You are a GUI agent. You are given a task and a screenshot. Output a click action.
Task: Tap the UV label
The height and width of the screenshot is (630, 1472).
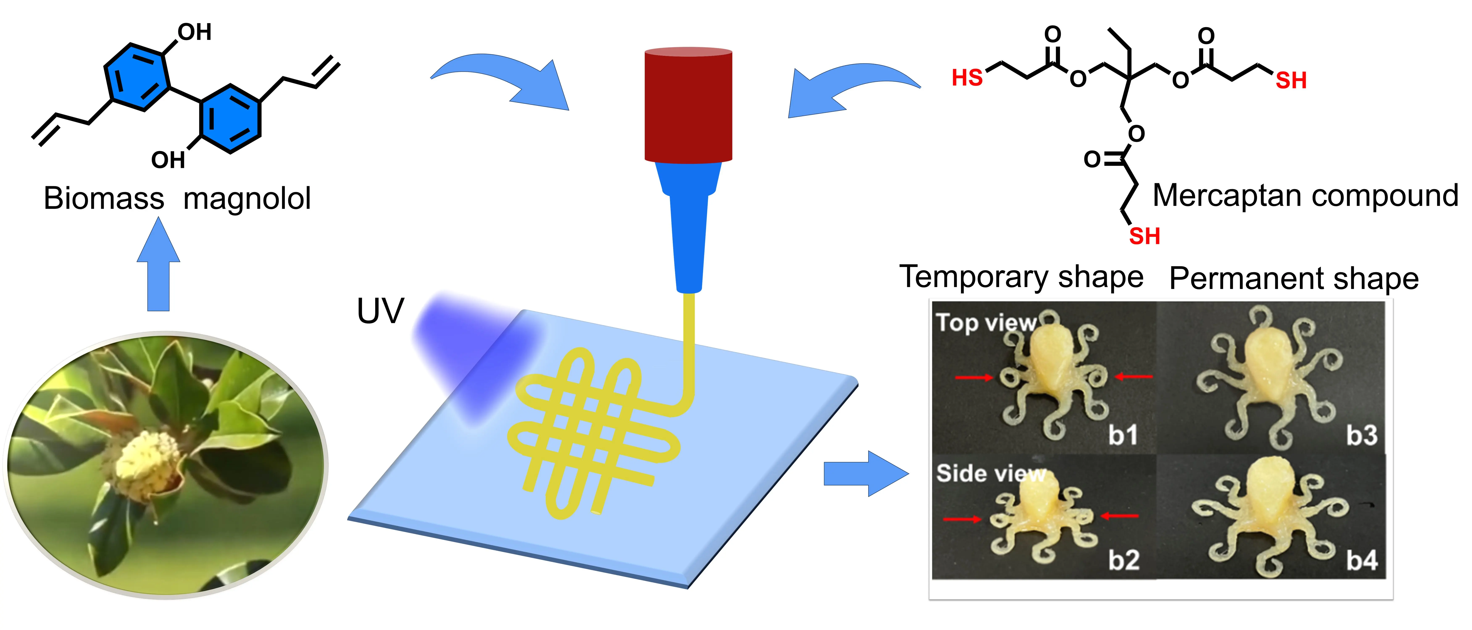coord(380,311)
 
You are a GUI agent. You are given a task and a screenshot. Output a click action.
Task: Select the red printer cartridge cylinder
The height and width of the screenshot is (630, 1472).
coord(688,106)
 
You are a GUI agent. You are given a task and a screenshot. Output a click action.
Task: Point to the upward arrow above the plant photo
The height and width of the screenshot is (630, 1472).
coord(158,266)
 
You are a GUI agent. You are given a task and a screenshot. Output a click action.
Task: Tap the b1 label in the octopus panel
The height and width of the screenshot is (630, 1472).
coord(1123,435)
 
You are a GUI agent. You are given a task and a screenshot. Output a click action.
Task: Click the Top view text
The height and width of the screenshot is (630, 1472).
coord(986,323)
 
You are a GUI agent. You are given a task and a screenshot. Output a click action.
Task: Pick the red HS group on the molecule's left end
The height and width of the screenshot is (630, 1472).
coord(967,78)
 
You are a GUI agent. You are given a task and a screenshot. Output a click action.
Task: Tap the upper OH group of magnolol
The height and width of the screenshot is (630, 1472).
coord(194,33)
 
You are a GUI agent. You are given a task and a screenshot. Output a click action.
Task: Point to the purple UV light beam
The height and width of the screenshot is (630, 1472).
coord(474,354)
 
